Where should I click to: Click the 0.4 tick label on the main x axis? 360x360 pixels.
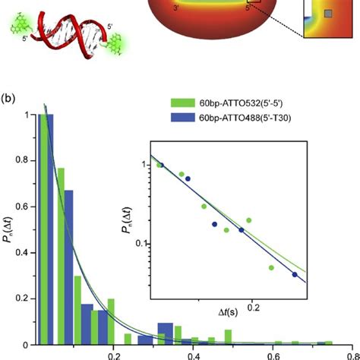(x=193, y=354)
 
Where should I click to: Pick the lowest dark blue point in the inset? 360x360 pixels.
(x=295, y=274)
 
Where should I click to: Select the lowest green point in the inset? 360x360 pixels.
(x=271, y=267)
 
